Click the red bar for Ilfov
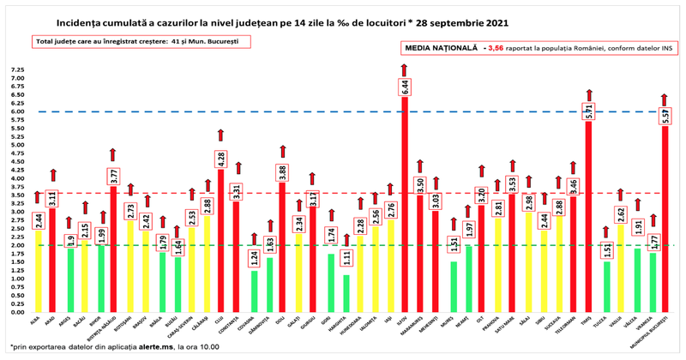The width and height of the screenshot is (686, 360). (405, 206)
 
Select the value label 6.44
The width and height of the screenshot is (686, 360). (405, 87)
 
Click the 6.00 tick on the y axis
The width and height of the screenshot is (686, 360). (17, 111)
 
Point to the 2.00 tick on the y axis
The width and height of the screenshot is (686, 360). (17, 245)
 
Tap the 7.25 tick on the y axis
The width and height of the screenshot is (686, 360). (17, 69)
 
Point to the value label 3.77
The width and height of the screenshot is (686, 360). (113, 177)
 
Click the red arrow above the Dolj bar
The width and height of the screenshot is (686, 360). (282, 151)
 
